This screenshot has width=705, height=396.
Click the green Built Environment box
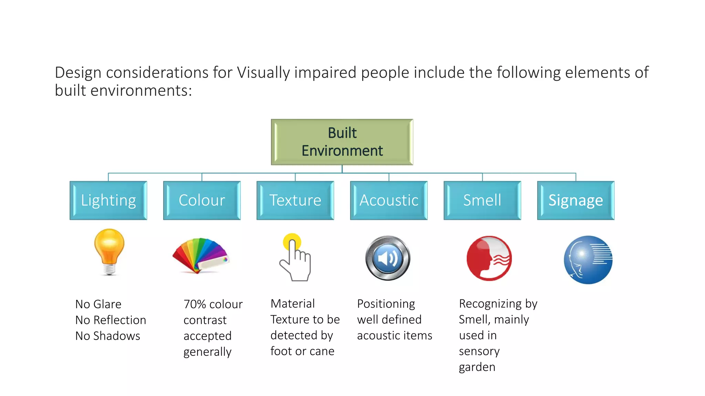[342, 142]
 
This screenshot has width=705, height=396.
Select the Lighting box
[108, 200]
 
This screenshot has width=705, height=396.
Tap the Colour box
[202, 200]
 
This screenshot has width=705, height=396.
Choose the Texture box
[295, 200]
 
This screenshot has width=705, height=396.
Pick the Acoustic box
[389, 200]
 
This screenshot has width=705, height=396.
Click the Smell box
[482, 200]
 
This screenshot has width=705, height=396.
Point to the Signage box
[576, 200]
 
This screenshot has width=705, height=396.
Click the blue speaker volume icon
[388, 258]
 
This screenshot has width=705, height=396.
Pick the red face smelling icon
[489, 258]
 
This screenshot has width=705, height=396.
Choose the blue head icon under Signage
[588, 260]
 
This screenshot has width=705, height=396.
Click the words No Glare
[98, 304]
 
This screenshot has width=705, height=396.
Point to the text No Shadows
[107, 336]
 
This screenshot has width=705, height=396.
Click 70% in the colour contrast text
[194, 304]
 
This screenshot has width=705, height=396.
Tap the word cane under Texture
[322, 351]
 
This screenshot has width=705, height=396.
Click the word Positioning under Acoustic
[386, 304]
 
